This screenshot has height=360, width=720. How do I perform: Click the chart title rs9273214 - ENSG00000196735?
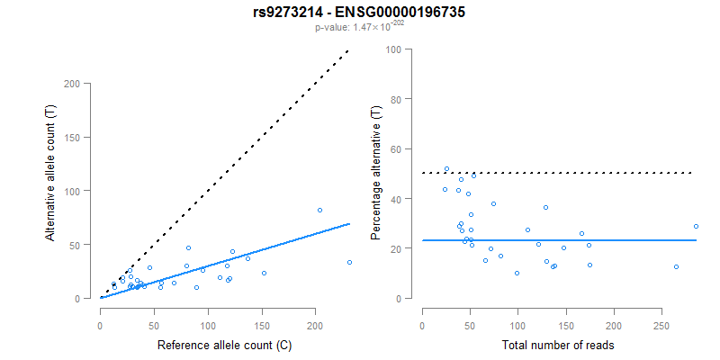(359, 13)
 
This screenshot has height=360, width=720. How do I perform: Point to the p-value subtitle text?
(359, 28)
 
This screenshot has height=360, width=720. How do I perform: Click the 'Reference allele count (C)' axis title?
(224, 345)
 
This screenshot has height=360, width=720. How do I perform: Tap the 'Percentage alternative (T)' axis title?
(377, 172)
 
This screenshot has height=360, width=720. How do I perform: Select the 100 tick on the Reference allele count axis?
(208, 315)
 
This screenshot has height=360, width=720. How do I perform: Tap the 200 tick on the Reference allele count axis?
(315, 315)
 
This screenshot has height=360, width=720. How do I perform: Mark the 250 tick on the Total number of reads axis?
(661, 315)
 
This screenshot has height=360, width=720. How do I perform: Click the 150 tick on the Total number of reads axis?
(565, 315)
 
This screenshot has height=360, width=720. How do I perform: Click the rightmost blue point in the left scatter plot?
(349, 263)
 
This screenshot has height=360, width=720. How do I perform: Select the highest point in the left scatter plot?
(319, 210)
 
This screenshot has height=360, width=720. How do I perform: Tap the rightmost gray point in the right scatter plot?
(696, 226)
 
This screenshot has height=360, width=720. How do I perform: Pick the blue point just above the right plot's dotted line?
(446, 168)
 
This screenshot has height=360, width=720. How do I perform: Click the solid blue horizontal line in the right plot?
(558, 240)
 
